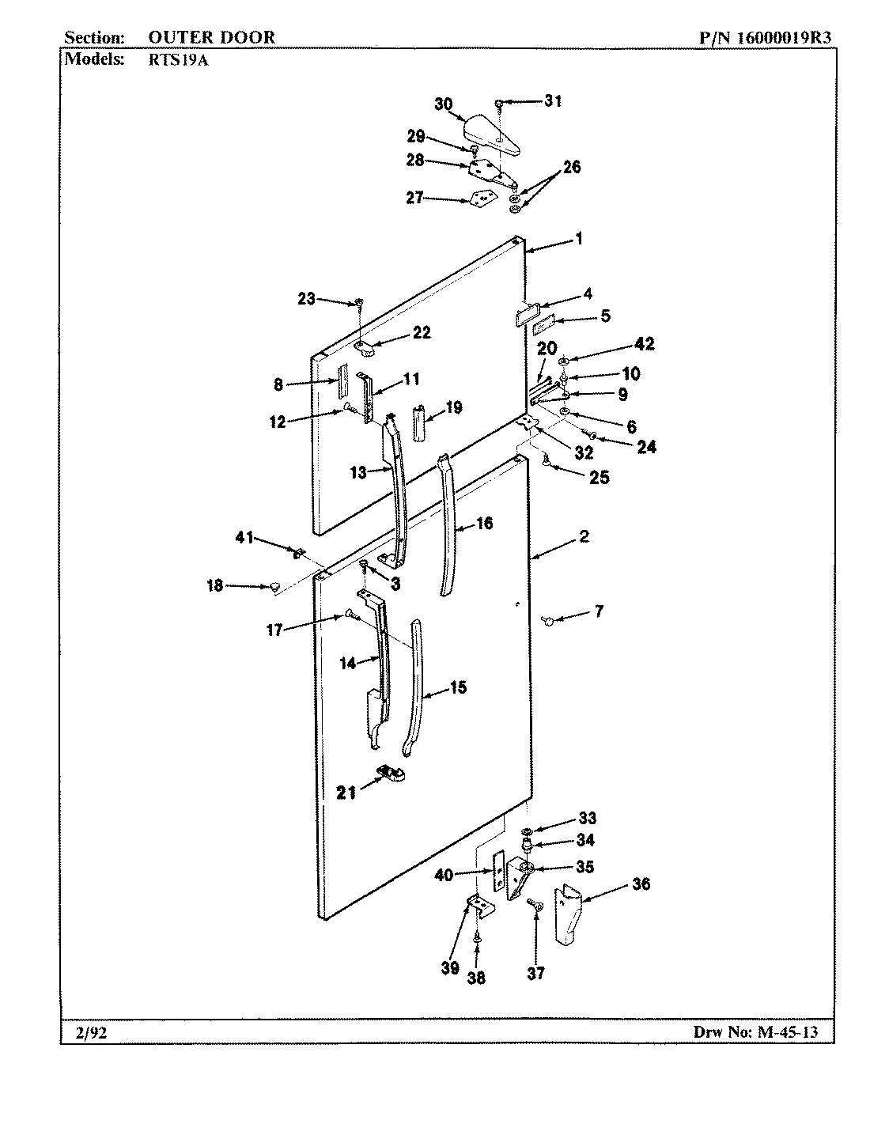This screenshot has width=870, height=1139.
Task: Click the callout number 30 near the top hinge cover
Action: coord(444,104)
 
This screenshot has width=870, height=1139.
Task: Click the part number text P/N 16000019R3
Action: coord(766,37)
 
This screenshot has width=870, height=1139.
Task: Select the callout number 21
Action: coord(346,792)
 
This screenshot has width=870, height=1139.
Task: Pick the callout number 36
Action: coord(641,884)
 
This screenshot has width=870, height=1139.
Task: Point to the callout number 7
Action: coord(599,611)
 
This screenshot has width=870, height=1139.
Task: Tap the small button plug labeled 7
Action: coord(547,623)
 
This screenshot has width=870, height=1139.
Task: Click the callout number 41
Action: coord(245,538)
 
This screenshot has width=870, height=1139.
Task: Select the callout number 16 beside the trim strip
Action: coord(484,523)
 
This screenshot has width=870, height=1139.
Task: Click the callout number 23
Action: coord(306,299)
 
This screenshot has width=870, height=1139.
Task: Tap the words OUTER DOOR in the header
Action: coord(211,37)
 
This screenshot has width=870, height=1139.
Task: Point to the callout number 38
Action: coord(475,978)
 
